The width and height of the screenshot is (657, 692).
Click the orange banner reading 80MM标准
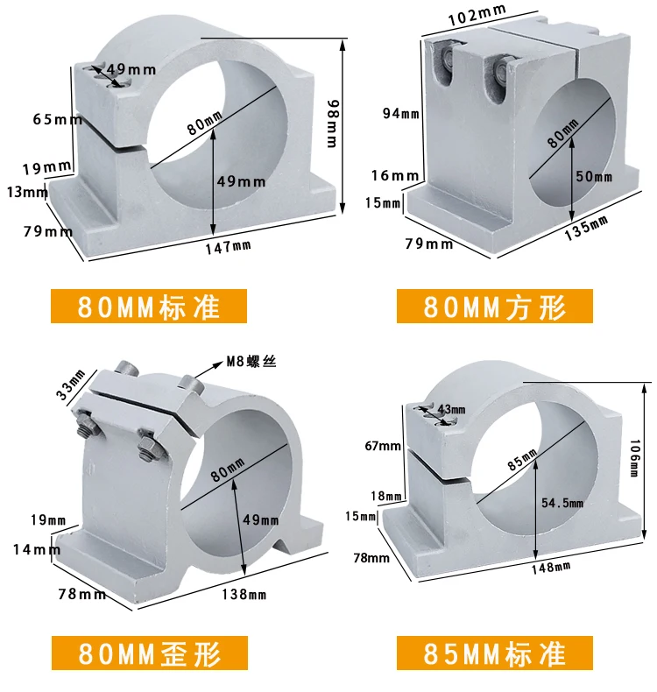[x=149, y=307]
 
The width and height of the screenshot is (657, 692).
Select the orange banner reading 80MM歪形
[x=149, y=653]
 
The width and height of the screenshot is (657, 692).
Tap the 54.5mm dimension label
[x=562, y=503]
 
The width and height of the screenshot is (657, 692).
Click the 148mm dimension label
[x=550, y=566]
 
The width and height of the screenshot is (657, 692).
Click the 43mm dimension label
[x=453, y=409]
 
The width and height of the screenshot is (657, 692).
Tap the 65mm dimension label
[x=55, y=119]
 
